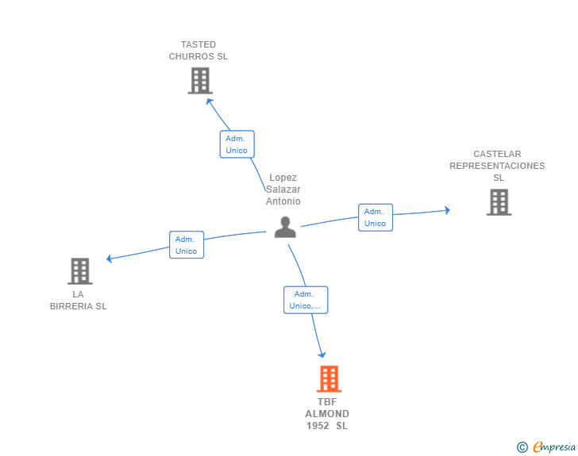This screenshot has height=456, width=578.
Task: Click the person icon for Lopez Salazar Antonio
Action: [285, 228]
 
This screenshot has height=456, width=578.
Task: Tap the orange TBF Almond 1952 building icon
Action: [329, 379]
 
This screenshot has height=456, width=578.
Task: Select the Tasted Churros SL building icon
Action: [200, 81]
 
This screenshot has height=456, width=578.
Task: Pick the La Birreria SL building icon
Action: [79, 271]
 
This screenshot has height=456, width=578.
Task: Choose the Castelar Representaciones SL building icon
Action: [499, 202]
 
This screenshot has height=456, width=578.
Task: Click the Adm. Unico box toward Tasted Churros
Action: [237, 144]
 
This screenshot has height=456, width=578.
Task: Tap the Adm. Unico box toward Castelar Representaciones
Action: [375, 217]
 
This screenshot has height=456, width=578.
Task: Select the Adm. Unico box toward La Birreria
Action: [186, 245]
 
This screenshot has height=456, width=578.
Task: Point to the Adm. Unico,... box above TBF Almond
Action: [306, 300]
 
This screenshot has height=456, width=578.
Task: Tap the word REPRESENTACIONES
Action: [497, 166]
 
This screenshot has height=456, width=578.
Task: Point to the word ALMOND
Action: [327, 414]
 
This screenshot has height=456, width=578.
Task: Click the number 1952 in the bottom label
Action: [318, 426]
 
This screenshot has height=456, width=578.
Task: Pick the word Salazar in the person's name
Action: [283, 190]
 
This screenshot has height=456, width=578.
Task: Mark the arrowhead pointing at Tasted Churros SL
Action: [210, 102]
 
